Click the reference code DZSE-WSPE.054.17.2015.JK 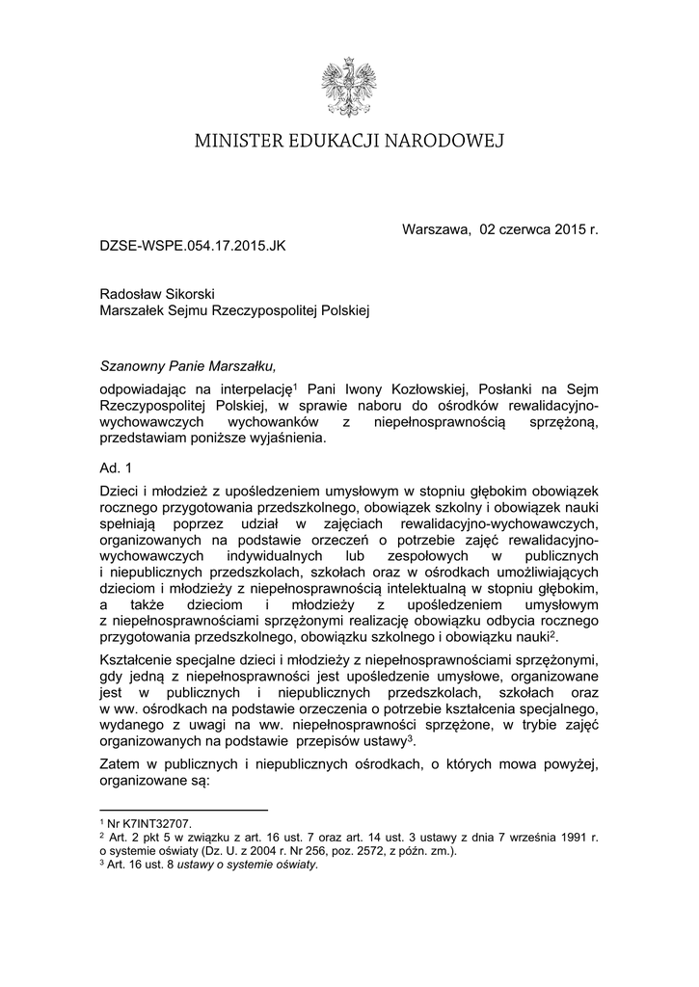pyautogui.click(x=193, y=246)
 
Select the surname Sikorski pyautogui.click(x=196, y=293)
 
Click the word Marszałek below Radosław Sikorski pyautogui.click(x=136, y=310)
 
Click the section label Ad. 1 pyautogui.click(x=116, y=467)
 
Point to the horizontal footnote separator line pyautogui.click(x=183, y=811)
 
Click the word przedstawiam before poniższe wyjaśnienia pyautogui.click(x=146, y=439)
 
